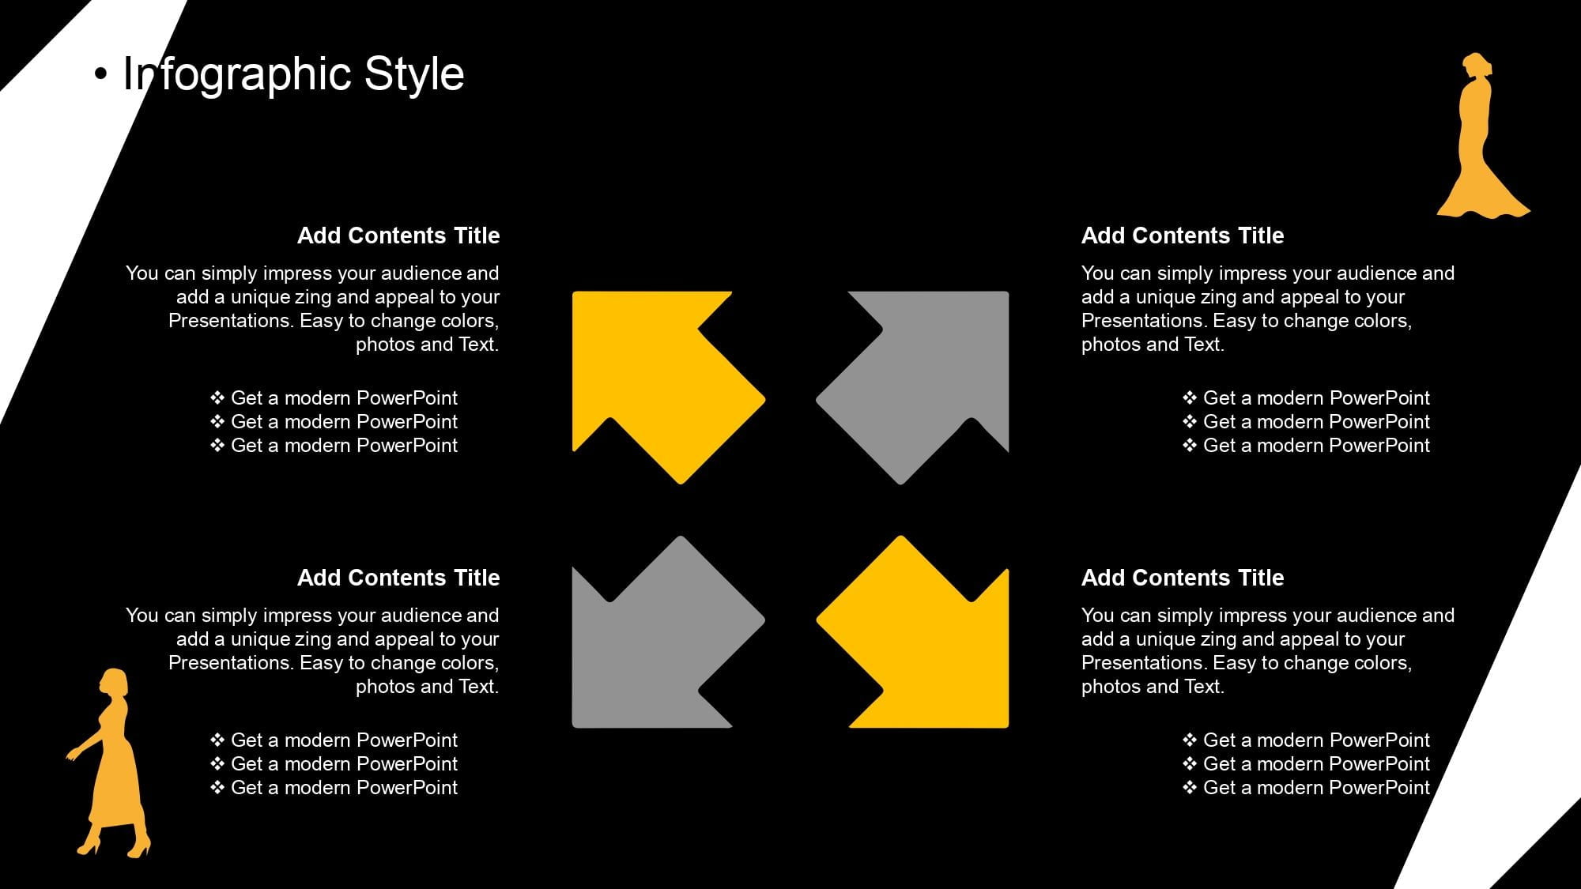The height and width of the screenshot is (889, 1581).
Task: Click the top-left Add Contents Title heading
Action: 398,235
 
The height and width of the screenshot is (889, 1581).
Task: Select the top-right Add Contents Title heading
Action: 1183,235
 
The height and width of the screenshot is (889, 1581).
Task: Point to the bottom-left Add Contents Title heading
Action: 398,578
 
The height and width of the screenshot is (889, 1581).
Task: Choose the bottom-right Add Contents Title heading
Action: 1183,578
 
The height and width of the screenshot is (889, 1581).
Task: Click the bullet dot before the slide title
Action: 100,74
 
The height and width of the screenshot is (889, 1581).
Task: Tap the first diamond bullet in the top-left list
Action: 217,397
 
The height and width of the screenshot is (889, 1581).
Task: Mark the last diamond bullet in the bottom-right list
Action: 1190,787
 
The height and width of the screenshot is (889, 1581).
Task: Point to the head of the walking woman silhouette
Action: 113,682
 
